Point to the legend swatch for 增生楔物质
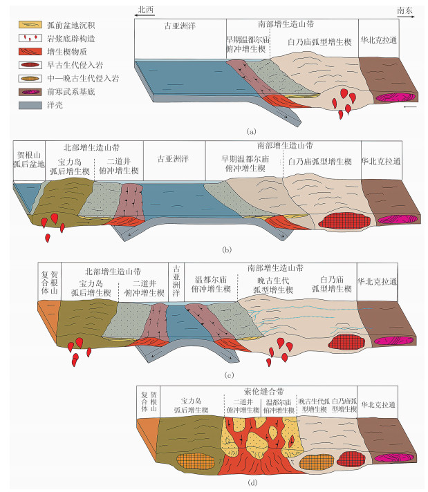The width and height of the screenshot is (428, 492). click(31, 50)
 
